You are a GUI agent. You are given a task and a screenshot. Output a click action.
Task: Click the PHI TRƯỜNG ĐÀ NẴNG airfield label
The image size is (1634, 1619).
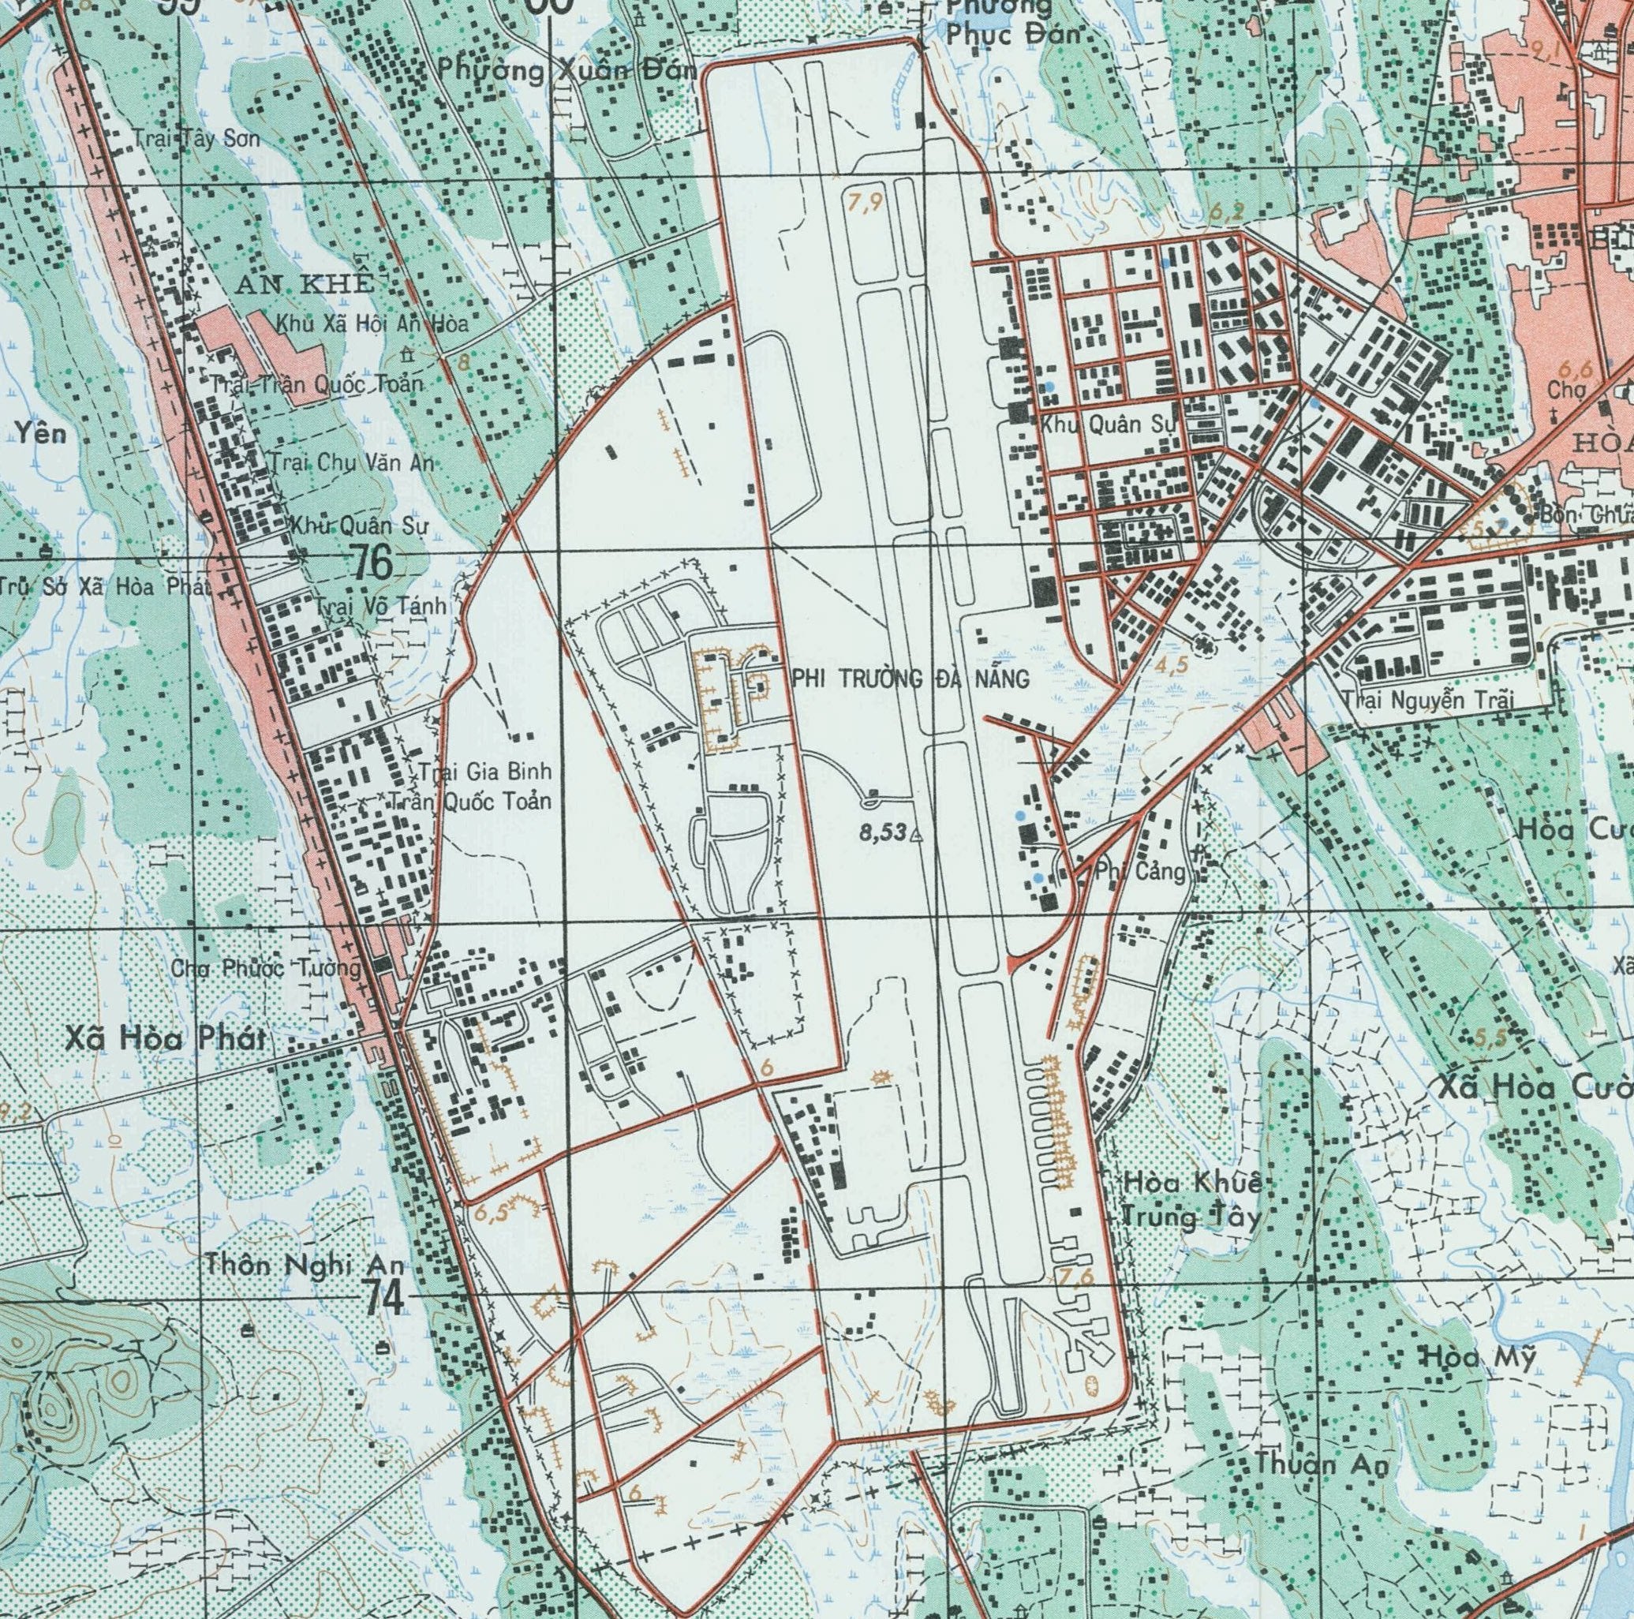pyautogui.click(x=910, y=679)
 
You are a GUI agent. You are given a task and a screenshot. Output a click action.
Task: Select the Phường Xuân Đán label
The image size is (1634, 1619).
pyautogui.click(x=566, y=72)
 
